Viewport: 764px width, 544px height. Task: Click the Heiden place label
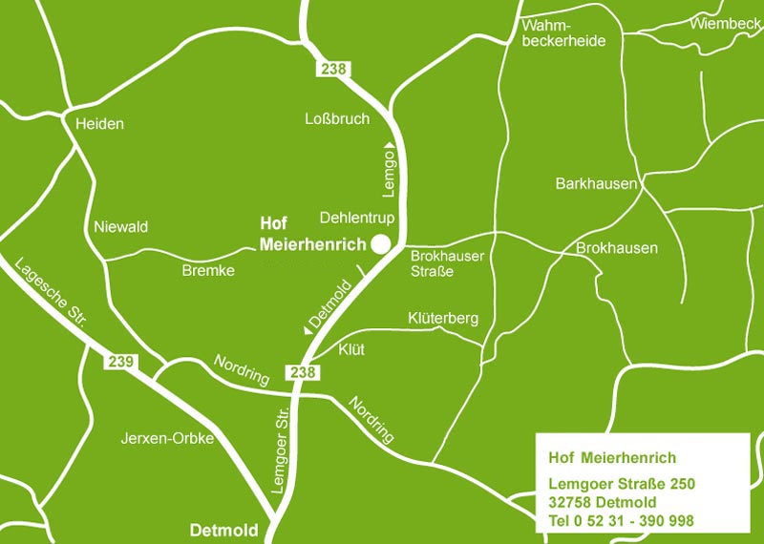(100, 124)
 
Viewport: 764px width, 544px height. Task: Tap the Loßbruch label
(336, 119)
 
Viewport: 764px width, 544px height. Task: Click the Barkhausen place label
(595, 183)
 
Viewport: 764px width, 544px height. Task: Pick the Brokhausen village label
(617, 248)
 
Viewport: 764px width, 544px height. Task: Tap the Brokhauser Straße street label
(447, 263)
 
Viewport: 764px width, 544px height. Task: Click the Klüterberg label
(442, 318)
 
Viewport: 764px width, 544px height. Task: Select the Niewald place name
(121, 227)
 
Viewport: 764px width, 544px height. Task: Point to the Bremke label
(207, 271)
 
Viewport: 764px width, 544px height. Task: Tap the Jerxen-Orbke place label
(166, 439)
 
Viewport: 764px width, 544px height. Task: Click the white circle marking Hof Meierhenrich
(381, 244)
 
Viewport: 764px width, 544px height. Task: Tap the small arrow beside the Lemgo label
(390, 143)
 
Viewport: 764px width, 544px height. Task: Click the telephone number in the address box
(621, 521)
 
